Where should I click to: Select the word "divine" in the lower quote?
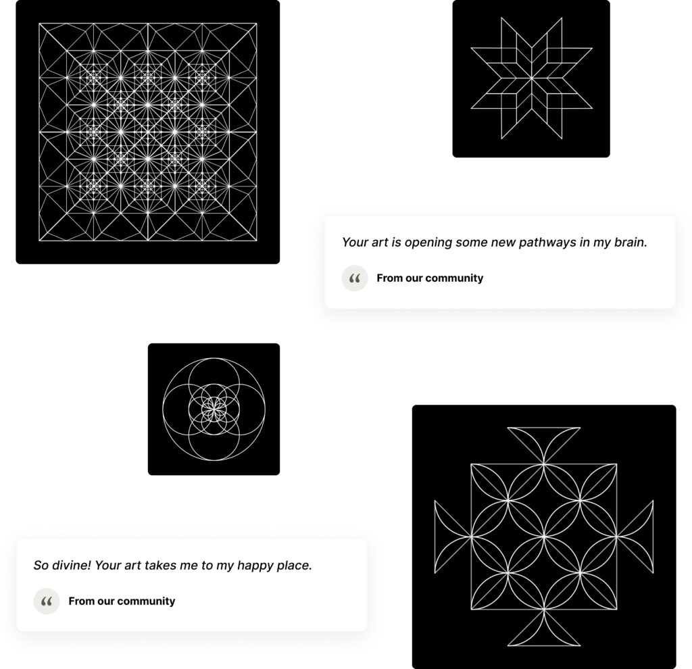tap(71, 566)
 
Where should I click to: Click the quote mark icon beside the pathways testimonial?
tap(354, 278)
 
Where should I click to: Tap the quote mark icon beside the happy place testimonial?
tap(47, 601)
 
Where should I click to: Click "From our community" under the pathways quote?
tap(430, 278)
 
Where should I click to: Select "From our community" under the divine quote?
tap(122, 601)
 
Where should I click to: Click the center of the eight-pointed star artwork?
tap(531, 78)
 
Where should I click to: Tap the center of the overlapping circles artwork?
tap(214, 409)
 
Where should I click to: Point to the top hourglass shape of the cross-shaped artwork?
tap(544, 445)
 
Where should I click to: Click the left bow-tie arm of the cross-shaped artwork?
tap(453, 537)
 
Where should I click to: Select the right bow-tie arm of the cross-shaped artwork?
tap(635, 537)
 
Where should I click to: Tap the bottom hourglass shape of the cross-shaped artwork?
tap(544, 628)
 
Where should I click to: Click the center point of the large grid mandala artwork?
tap(148, 132)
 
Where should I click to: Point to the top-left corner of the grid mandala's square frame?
tap(39, 24)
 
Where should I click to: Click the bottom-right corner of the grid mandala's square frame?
tap(256, 241)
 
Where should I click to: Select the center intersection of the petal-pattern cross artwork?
tap(544, 537)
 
